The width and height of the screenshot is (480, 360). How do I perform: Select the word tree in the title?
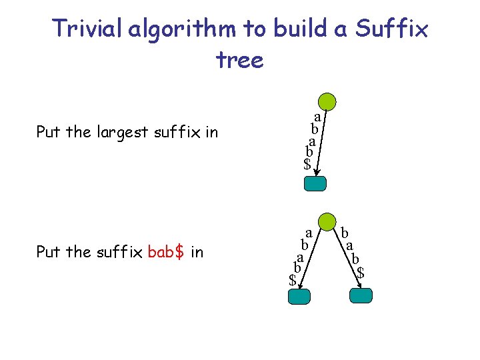[x=240, y=60]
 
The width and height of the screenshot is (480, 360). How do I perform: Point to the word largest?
[x=123, y=132]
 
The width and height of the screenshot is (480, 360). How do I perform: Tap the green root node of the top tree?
[x=327, y=101]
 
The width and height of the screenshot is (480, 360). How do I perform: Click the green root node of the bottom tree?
[x=327, y=222]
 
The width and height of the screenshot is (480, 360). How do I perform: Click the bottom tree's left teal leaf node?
[x=299, y=297]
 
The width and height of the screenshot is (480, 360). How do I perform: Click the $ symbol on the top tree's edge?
[x=307, y=163]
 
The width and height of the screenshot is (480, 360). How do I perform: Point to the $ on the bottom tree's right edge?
[x=361, y=272]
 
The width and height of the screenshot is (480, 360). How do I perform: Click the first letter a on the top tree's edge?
[x=317, y=115]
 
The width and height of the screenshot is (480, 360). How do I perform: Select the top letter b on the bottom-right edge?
[x=345, y=233]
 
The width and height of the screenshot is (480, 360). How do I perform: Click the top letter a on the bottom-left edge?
[x=308, y=233]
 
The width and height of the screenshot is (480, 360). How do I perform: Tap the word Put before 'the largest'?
[x=48, y=132]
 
